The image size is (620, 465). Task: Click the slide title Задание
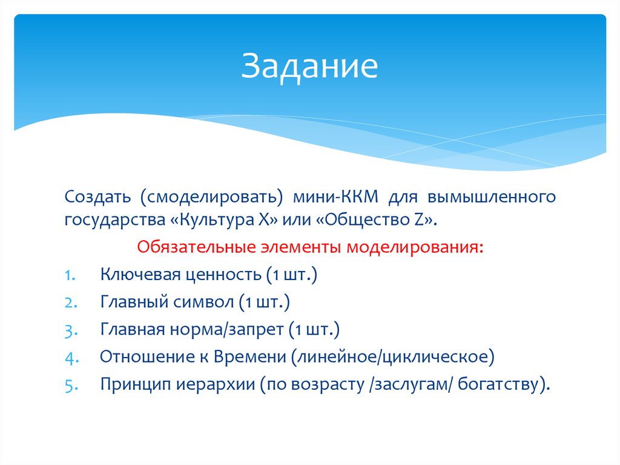[x=309, y=67]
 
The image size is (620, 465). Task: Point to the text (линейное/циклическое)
[x=393, y=356]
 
